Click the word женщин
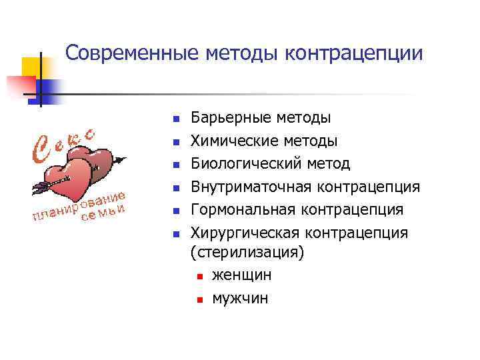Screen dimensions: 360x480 (x=241, y=275)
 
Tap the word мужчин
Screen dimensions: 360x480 (x=240, y=298)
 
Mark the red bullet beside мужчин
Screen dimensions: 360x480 (x=198, y=299)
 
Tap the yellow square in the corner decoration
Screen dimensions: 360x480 (x=32, y=67)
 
